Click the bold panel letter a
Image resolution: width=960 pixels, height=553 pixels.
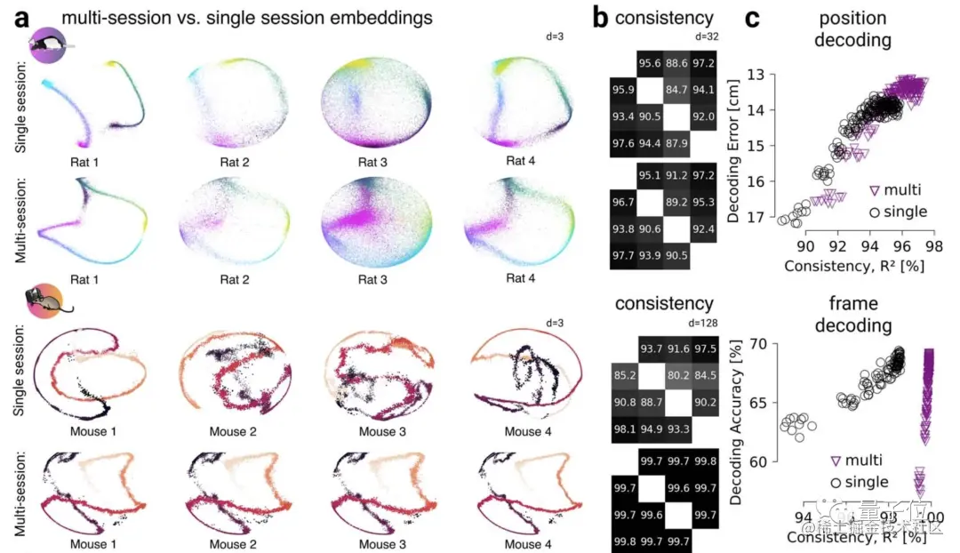17,18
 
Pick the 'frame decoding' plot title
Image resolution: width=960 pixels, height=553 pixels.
852,315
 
